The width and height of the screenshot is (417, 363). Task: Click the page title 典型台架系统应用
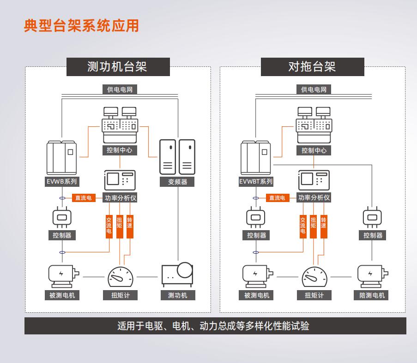pos(81,26)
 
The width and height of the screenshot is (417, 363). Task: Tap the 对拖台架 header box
pos(312,66)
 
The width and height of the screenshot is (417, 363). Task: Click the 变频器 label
pos(177,182)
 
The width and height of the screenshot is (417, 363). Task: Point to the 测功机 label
pos(177,295)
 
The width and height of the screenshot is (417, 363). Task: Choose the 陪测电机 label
pos(372,295)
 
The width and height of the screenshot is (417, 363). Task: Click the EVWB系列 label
pos(62,182)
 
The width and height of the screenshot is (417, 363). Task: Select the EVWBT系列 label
pos(256,182)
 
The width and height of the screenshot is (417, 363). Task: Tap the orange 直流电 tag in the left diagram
pos(83,198)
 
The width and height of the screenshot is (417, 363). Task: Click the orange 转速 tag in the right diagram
pos(324,226)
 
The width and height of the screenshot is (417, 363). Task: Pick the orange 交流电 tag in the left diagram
pos(109,226)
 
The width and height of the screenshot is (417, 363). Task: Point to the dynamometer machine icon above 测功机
pos(177,274)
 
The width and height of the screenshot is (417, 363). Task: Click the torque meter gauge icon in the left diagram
pos(120,277)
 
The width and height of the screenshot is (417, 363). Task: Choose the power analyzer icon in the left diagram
pos(120,180)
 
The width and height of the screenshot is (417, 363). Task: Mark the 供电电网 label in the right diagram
pos(314,89)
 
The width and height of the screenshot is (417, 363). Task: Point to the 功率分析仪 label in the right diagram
pos(314,198)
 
